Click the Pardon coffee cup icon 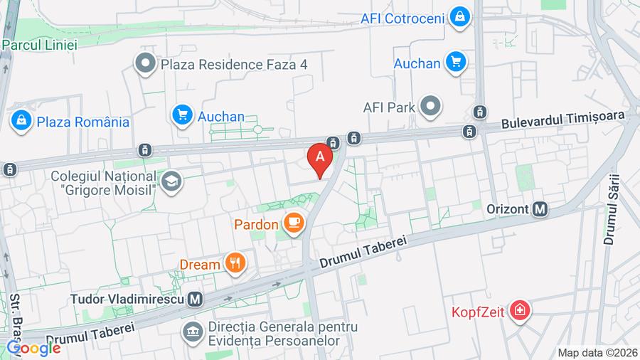coord(293,224)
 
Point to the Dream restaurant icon coord(235,264)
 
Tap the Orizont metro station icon coord(540,209)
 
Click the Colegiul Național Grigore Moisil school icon coord(171,182)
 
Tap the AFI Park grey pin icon coord(430,108)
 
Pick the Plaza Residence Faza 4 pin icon coord(146,64)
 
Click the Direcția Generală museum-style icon coord(191,331)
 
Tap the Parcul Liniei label coord(39,44)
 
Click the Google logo coord(33,348)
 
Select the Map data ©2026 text coord(596,352)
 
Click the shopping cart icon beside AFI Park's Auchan coord(455,63)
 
